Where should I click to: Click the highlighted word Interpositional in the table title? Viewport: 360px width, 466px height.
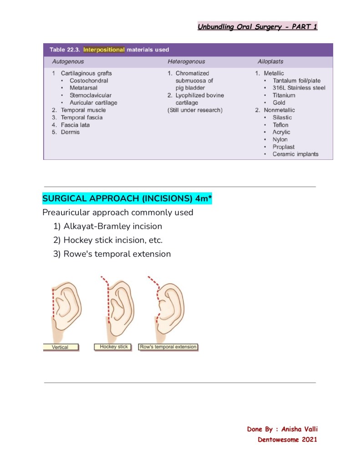[104, 50]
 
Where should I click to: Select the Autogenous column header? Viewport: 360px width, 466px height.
[68, 61]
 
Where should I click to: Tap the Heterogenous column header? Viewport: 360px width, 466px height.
[186, 61]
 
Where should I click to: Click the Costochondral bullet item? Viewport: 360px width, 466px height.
[89, 81]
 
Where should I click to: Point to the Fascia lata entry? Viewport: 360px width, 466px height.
[75, 125]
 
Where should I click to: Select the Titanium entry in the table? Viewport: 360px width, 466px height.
[284, 95]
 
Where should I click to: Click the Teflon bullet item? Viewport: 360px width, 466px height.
[280, 125]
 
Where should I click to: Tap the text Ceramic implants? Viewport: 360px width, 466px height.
[295, 154]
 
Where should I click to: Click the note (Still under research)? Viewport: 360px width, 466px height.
[195, 110]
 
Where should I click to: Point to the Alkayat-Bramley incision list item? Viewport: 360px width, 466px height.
[112, 226]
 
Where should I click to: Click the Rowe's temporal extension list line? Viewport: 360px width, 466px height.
[117, 254]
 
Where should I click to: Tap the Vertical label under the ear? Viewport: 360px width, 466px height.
[60, 347]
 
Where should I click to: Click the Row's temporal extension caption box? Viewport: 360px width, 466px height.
[168, 347]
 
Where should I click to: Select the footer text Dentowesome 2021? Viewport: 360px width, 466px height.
[287, 440]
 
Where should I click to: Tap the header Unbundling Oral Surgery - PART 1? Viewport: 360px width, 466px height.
[257, 26]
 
